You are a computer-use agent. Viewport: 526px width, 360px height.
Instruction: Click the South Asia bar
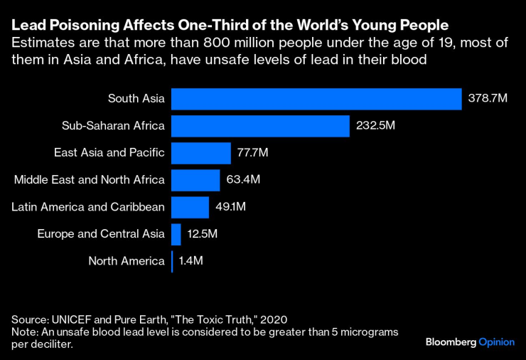tap(316, 99)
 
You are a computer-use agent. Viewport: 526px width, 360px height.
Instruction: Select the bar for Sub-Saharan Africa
tap(260, 126)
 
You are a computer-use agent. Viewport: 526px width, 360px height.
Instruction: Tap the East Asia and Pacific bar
tap(201, 153)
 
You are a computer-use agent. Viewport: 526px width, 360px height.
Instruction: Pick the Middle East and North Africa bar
tap(195, 180)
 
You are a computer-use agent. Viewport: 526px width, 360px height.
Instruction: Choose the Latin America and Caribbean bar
tap(190, 207)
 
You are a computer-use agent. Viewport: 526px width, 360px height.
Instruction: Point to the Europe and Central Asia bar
tap(176, 234)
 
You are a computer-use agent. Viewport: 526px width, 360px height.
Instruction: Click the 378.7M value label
tap(488, 99)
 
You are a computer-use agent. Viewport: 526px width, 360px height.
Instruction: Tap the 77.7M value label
tap(253, 153)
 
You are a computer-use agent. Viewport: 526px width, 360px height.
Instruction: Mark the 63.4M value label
tap(243, 180)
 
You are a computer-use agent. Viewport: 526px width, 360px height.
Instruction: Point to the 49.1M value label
tap(230, 207)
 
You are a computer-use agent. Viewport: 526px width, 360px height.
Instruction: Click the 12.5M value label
tap(203, 234)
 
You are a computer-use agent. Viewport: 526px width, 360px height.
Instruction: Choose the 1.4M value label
tap(190, 261)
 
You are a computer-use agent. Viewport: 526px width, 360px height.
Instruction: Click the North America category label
tap(127, 261)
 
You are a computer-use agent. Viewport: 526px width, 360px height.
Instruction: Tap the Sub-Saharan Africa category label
tap(114, 126)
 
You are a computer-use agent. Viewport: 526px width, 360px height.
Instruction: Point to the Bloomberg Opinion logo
tap(470, 342)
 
